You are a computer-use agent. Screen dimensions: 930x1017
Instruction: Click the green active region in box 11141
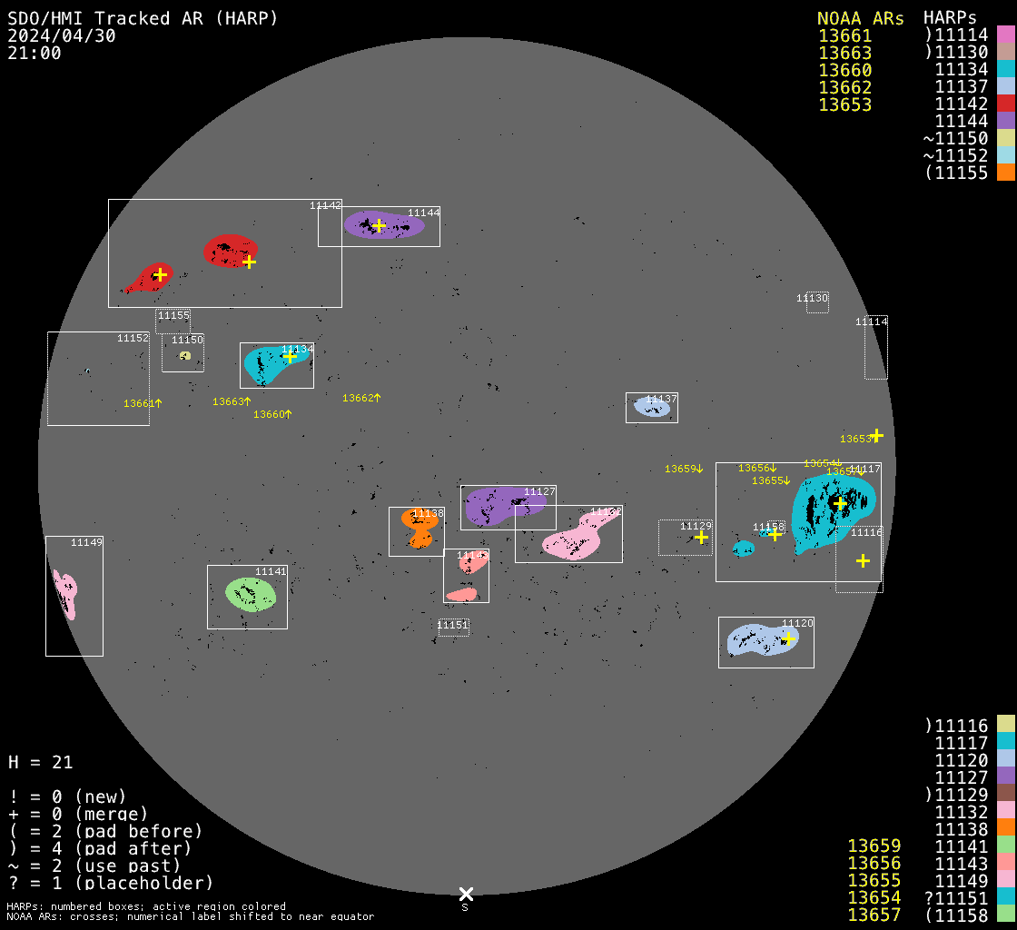pyautogui.click(x=250, y=594)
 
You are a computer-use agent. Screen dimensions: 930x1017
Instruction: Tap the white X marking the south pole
pyautogui.click(x=466, y=894)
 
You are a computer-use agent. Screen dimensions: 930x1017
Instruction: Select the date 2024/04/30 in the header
pyautogui.click(x=61, y=35)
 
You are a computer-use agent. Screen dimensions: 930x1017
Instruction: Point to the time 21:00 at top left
pyautogui.click(x=35, y=53)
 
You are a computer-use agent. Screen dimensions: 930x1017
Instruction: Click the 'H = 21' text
pyautogui.click(x=40, y=762)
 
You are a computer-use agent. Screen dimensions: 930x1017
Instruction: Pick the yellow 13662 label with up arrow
pyautogui.click(x=360, y=398)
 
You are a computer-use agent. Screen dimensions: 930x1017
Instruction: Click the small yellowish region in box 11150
pyautogui.click(x=184, y=356)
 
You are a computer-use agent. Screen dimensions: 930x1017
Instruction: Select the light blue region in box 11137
pyautogui.click(x=652, y=408)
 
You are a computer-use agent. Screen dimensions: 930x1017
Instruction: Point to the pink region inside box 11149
pyautogui.click(x=65, y=595)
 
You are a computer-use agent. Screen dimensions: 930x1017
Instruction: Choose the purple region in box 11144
pyautogui.click(x=381, y=225)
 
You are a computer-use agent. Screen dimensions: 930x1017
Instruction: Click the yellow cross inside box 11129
pyautogui.click(x=701, y=538)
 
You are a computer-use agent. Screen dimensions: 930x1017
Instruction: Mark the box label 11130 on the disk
pyautogui.click(x=812, y=298)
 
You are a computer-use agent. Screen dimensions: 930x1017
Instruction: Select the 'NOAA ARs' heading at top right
pyautogui.click(x=860, y=18)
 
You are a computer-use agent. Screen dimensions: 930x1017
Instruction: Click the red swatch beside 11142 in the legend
pyautogui.click(x=1005, y=104)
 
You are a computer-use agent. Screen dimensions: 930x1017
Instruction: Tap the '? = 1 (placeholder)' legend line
pyautogui.click(x=110, y=882)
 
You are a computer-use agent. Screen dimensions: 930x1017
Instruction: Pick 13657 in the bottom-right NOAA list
pyautogui.click(x=874, y=915)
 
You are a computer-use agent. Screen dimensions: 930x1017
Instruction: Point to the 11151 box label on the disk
pyautogui.click(x=452, y=625)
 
